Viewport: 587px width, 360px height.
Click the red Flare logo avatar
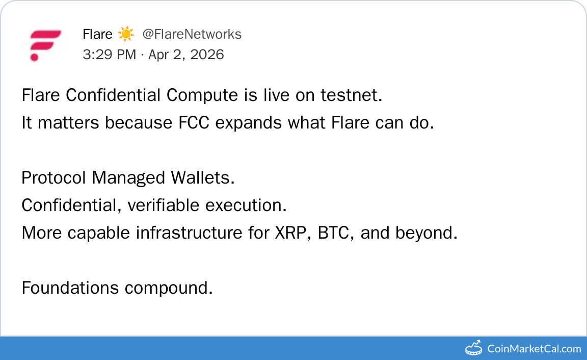45,45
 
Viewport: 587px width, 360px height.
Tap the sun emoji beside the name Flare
126,34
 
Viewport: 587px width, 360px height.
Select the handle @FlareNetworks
192,34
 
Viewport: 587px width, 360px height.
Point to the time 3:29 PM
110,55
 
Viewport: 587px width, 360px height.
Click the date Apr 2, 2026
186,55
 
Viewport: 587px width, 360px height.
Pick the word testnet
351,95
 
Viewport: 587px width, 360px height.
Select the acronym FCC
194,123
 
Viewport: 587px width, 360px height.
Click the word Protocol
54,177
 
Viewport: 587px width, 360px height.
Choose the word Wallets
202,177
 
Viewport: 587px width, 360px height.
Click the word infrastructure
189,233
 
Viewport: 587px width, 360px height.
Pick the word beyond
426,233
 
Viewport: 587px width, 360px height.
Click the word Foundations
70,288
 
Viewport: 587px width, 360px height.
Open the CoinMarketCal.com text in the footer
534,349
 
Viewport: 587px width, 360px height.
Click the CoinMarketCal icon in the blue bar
473,348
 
